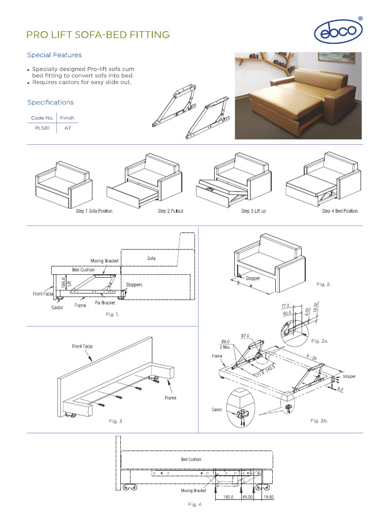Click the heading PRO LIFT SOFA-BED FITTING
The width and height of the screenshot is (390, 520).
click(98, 35)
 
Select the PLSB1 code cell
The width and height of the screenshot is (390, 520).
click(42, 128)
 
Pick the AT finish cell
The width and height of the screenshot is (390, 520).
click(67, 128)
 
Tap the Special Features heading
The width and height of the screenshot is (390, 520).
click(54, 55)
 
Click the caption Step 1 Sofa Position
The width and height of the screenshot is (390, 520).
click(94, 211)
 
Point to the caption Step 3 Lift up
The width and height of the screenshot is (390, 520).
click(253, 211)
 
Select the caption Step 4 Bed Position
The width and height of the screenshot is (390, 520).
click(339, 211)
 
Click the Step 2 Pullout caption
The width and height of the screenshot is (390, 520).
click(170, 211)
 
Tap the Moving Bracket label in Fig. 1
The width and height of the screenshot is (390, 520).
click(105, 261)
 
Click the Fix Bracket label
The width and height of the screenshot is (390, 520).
click(105, 303)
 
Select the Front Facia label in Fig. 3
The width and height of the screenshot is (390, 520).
click(82, 346)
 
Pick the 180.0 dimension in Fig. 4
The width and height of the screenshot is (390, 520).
click(229, 497)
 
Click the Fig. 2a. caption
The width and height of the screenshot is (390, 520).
click(320, 341)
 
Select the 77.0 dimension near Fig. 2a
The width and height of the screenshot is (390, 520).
click(285, 306)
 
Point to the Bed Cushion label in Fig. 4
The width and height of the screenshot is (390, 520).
click(191, 460)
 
